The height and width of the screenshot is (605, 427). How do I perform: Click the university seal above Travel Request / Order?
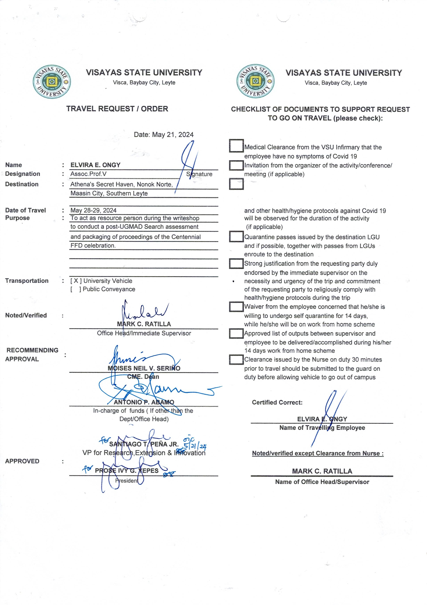pyautogui.click(x=52, y=82)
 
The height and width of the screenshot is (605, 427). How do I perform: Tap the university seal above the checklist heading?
pyautogui.click(x=255, y=81)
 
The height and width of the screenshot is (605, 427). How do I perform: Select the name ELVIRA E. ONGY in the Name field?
pyautogui.click(x=95, y=165)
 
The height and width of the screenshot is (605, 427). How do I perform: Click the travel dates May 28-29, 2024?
pyautogui.click(x=93, y=210)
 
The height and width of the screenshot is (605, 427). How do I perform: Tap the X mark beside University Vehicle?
pyautogui.click(x=76, y=281)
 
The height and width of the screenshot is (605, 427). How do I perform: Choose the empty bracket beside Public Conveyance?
pyautogui.click(x=76, y=289)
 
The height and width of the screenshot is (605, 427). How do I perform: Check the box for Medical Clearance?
pyautogui.click(x=236, y=146)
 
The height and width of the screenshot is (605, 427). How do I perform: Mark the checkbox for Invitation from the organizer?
pyautogui.click(x=236, y=166)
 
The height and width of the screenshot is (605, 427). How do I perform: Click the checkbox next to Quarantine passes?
pyautogui.click(x=236, y=236)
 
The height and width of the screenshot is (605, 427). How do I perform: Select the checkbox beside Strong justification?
pyautogui.click(x=236, y=264)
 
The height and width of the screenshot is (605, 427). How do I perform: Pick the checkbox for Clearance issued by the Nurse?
pyautogui.click(x=236, y=360)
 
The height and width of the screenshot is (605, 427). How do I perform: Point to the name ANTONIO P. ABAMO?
pyautogui.click(x=144, y=402)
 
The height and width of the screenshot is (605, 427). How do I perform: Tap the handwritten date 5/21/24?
pyautogui.click(x=195, y=446)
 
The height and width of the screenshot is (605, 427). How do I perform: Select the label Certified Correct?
pyautogui.click(x=277, y=402)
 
